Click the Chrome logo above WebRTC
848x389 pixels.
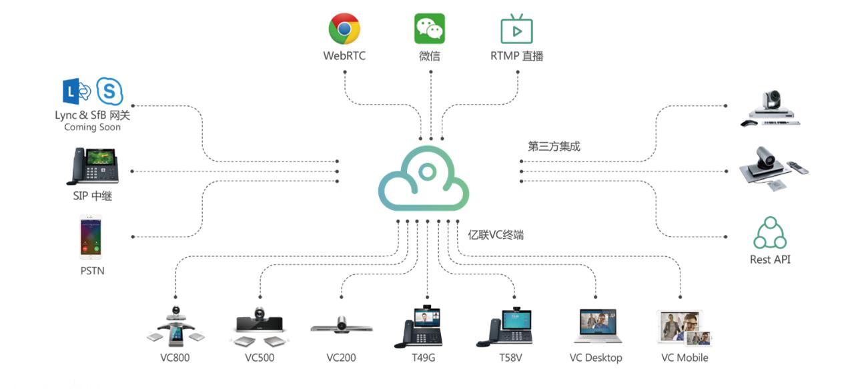(344, 29)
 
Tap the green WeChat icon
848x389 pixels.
(429, 29)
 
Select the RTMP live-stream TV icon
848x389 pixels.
(516, 29)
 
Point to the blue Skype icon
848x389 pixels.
(109, 91)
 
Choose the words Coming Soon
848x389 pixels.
(92, 127)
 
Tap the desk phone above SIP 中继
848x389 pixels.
(92, 166)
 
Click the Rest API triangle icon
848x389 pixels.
(770, 233)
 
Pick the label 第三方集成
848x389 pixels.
(554, 146)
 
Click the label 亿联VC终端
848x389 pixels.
(496, 234)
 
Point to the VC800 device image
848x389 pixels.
(175, 326)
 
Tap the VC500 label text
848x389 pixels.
(260, 358)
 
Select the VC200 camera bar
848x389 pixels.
(342, 326)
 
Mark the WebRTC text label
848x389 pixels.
(344, 56)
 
